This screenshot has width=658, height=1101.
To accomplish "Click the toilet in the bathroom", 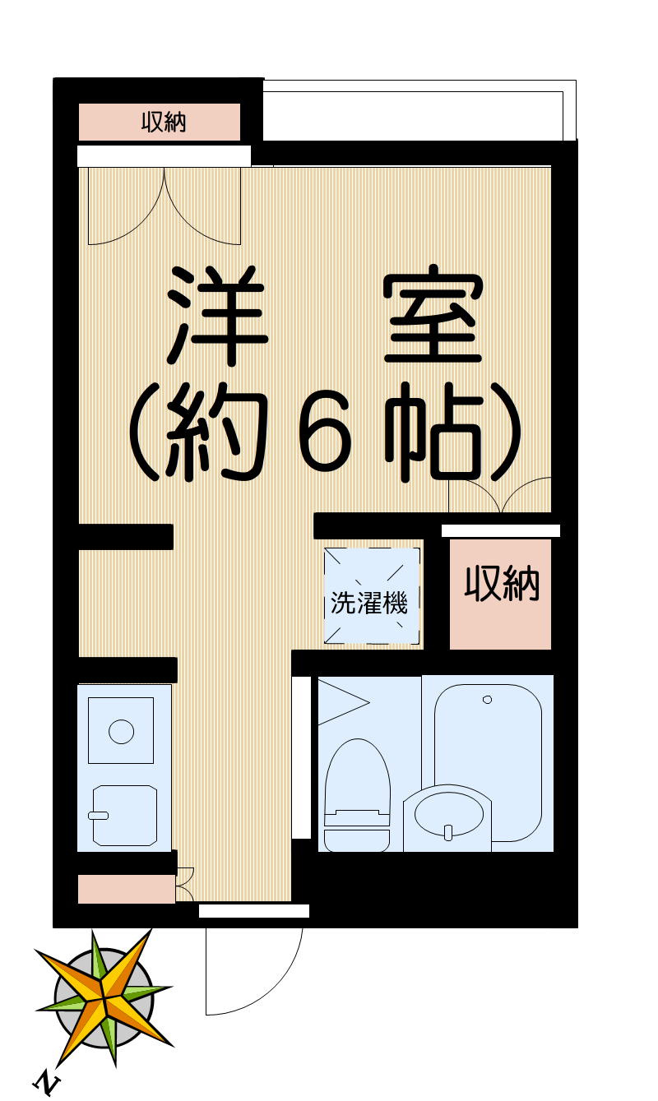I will (357, 777).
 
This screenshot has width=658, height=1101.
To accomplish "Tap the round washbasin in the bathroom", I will (447, 813).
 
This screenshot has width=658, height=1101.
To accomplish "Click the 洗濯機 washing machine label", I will (369, 604).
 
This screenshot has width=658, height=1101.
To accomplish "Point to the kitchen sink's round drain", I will (122, 730).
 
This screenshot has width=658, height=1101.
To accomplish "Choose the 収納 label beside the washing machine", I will (502, 584).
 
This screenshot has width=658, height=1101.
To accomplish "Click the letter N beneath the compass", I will (49, 1083).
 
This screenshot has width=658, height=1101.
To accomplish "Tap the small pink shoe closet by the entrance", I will (127, 890).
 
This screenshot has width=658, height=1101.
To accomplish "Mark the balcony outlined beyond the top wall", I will (411, 112).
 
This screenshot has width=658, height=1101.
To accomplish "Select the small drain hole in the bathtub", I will (487, 700).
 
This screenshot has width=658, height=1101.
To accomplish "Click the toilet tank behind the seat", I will (357, 840).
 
